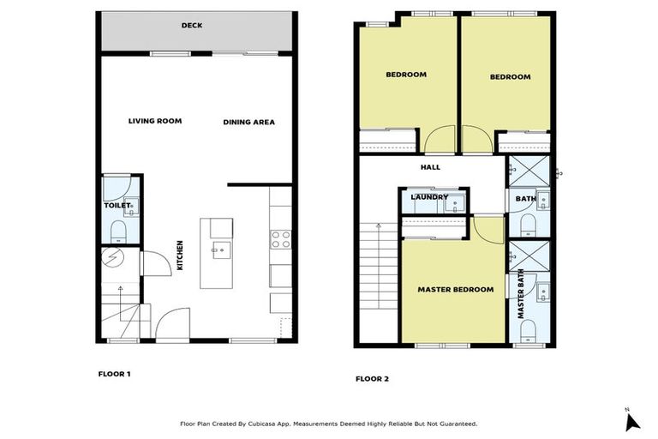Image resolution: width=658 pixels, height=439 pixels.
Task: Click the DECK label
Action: tap(192, 26)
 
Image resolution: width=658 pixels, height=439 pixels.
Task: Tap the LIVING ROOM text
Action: tap(155, 121)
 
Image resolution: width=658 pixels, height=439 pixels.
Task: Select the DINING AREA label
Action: tap(248, 122)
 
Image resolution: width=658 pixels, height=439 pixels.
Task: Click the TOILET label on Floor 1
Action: tap(117, 206)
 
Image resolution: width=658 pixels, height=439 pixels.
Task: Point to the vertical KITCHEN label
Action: tap(179, 256)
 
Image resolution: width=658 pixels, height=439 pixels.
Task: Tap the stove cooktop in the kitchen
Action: tap(281, 240)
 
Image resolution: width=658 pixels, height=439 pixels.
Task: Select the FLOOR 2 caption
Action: tap(372, 378)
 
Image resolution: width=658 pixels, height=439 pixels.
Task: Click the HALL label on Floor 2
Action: tap(430, 168)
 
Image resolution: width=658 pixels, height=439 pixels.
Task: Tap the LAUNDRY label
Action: tap(429, 197)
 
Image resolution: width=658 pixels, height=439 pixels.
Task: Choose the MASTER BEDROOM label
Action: tap(455, 290)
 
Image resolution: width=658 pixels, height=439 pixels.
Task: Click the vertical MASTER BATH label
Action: tap(522, 294)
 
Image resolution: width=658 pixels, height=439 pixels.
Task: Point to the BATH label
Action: tap(524, 199)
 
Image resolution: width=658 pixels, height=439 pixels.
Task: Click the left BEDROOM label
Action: tap(405, 75)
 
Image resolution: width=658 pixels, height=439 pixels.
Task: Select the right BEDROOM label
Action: tap(510, 77)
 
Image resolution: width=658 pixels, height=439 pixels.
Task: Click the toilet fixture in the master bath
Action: tap(529, 331)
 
